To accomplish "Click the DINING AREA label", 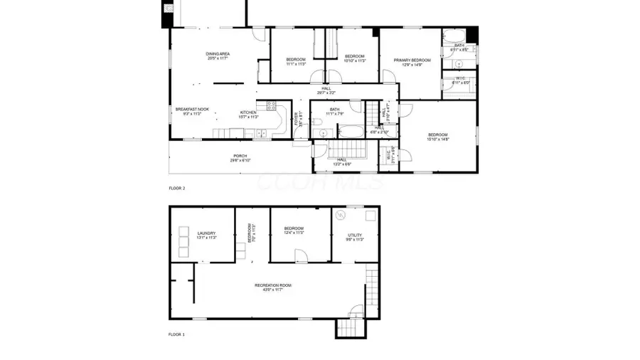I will (x=218, y=54).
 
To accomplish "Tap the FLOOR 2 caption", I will (x=176, y=189).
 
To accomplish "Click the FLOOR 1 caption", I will (x=176, y=334).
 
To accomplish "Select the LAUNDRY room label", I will (x=207, y=233).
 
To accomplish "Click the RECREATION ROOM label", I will (x=273, y=285).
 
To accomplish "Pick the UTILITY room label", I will (x=355, y=235).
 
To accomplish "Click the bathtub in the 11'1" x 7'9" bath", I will (x=350, y=131).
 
